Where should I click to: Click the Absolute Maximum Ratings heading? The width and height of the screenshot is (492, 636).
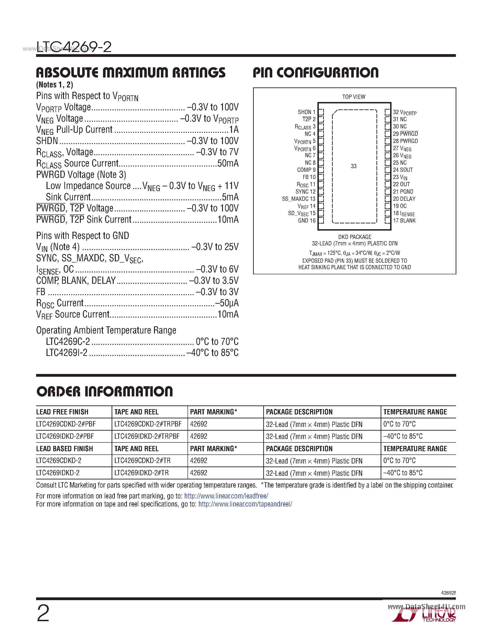pos(131,73)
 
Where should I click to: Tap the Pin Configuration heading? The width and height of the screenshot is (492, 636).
pos(315,73)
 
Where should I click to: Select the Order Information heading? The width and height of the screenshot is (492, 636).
pos(105,391)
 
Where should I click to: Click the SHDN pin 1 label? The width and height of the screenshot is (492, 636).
pos(306,112)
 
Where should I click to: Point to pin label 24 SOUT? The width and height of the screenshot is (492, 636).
pos(403,170)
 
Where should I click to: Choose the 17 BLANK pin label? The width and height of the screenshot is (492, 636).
pos(404,220)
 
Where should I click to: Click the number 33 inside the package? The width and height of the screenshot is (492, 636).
pos(354,166)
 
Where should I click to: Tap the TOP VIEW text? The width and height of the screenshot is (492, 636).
pos(354,97)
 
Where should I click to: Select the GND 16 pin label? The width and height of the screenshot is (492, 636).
pos(307,220)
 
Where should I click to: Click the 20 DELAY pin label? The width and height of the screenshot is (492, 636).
pos(404,199)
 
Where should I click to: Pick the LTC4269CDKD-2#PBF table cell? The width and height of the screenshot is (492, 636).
pos(66,424)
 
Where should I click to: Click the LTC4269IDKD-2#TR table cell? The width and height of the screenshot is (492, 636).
pos(141,473)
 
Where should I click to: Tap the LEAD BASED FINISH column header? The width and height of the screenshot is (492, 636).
pos(64,449)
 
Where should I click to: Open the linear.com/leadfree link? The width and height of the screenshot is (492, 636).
pos(226,496)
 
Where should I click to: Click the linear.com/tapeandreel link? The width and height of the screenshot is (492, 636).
pos(245,504)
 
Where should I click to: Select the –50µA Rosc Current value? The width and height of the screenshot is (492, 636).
pos(227,303)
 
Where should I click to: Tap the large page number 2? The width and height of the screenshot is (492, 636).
pos(43,613)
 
